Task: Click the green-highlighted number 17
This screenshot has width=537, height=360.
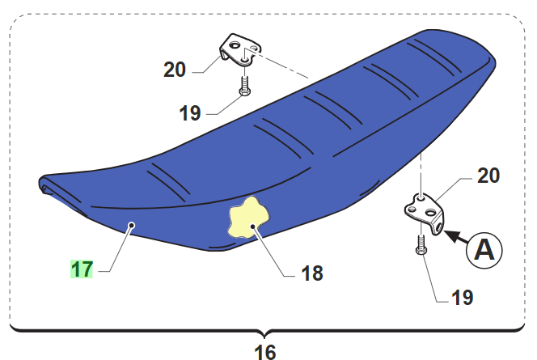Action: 82,269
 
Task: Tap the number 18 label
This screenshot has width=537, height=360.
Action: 312,273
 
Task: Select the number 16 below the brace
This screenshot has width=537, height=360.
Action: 265,351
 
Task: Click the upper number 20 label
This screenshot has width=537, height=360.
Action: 175,70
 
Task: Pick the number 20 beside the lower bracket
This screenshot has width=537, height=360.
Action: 488,176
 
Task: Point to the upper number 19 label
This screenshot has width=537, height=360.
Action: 190,113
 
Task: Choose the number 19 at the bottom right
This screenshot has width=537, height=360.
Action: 463,298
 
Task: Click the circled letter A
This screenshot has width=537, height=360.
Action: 484,250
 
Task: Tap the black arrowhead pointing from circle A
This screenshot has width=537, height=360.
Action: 450,236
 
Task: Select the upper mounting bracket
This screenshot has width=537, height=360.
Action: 240,50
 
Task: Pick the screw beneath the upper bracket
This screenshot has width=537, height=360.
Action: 244,86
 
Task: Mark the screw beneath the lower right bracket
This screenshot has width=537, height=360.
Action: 421,244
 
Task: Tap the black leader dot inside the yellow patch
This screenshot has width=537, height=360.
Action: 252,226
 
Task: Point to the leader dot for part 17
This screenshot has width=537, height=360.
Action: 131,225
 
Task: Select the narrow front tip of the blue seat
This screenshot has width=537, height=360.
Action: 40,184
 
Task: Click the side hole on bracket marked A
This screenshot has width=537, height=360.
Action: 438,227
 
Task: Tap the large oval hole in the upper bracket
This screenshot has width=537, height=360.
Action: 235,44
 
